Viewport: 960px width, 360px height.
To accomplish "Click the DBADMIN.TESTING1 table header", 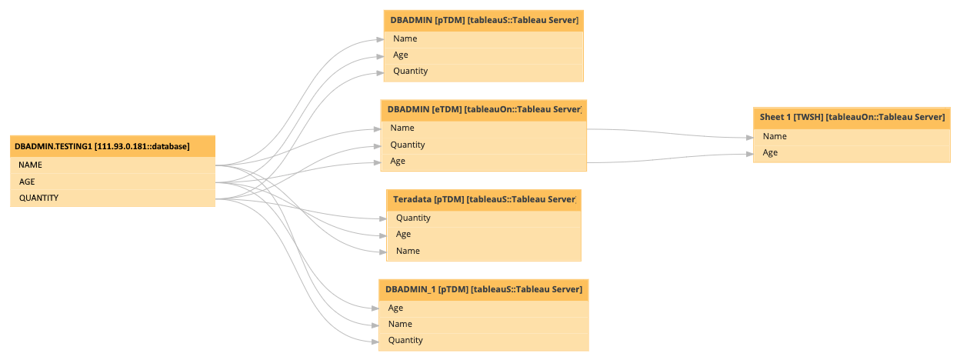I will click(x=112, y=146).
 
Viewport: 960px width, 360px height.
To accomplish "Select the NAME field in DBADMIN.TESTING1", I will click(x=112, y=165).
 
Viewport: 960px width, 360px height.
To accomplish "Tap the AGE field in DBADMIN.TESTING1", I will click(x=112, y=182).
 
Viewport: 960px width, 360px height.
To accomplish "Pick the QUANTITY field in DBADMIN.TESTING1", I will click(x=112, y=198).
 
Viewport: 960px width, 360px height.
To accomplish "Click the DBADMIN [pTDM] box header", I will click(x=483, y=20).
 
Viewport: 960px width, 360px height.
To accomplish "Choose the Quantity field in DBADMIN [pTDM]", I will click(x=483, y=71).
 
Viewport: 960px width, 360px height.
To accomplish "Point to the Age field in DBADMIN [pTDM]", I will click(x=483, y=55).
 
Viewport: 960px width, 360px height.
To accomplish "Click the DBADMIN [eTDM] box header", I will click(x=483, y=109).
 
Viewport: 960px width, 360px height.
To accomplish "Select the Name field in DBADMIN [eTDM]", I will click(x=483, y=128).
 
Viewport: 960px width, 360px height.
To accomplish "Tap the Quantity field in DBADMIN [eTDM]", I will click(x=483, y=145).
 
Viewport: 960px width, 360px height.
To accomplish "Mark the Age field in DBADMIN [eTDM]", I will click(x=483, y=161).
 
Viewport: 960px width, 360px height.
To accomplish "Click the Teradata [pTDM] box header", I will click(x=483, y=199).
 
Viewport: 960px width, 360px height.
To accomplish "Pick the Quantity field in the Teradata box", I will click(x=483, y=218).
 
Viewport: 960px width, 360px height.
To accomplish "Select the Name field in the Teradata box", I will click(x=483, y=251).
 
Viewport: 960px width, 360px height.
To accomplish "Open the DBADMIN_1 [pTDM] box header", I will click(x=483, y=289).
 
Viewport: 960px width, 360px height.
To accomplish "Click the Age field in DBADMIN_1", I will click(x=483, y=308).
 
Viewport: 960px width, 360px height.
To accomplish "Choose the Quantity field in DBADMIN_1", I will click(x=483, y=340).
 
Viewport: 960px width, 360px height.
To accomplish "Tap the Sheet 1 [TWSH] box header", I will click(x=852, y=117).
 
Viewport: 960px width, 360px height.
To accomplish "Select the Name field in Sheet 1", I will click(x=852, y=136).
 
